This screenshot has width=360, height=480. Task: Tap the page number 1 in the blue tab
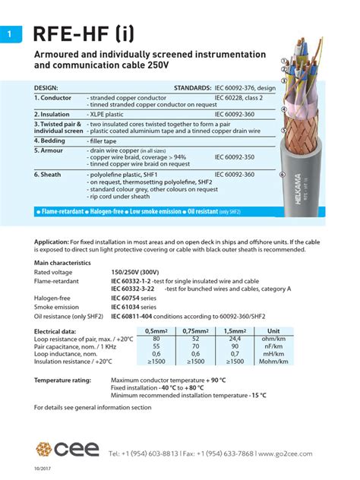[8, 34]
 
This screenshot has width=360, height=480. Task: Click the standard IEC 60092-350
[236, 157]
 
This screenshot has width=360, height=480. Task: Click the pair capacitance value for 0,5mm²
[156, 345]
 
